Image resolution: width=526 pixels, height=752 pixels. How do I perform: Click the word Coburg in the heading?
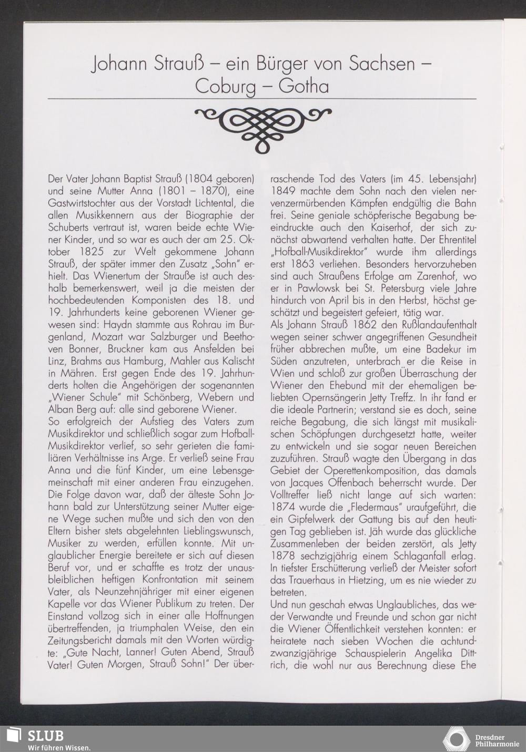pos(225,86)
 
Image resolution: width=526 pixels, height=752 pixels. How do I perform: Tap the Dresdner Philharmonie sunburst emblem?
pos(456,738)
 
